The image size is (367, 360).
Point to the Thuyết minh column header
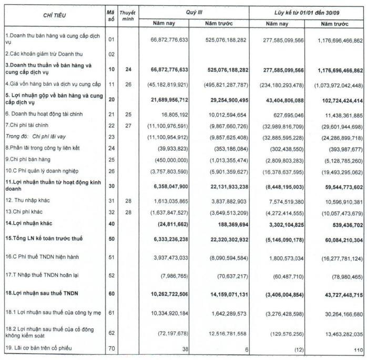[x=127, y=16]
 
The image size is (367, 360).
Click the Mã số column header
[x=110, y=16]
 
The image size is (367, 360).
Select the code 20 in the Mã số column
[x=110, y=99]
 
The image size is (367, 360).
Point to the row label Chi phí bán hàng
[x=33, y=158]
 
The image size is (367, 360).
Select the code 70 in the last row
[x=110, y=348]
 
